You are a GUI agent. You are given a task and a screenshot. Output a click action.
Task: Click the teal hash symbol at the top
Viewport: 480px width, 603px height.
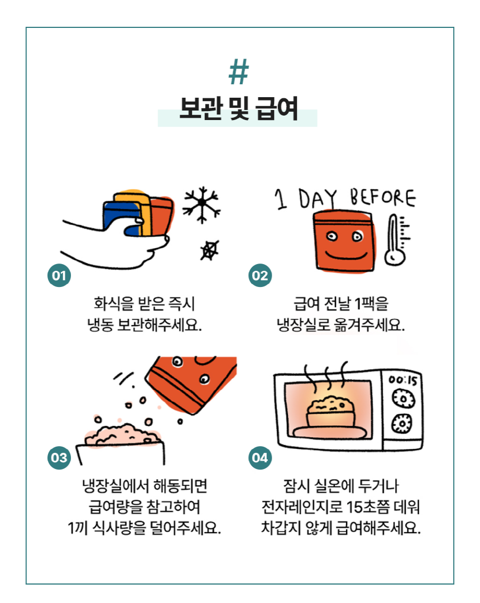coord(238,73)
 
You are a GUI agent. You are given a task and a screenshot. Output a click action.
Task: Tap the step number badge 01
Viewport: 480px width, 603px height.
coord(59,276)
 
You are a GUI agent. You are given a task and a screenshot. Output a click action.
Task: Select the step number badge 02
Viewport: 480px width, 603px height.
coord(260,276)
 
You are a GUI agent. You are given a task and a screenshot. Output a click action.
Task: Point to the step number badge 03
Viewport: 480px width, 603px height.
coord(59,458)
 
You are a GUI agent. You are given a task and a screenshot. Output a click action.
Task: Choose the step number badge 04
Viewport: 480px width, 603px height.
coord(260,458)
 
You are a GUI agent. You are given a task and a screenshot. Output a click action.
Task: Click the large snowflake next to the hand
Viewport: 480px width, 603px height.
coord(201,203)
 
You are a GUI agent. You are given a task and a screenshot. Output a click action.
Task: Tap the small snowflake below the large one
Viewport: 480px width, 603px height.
coord(209,250)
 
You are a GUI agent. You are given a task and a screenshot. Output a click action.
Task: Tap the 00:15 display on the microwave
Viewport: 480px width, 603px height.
coord(403,381)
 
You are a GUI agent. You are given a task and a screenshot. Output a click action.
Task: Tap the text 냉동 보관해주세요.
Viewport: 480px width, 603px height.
coord(144,325)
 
